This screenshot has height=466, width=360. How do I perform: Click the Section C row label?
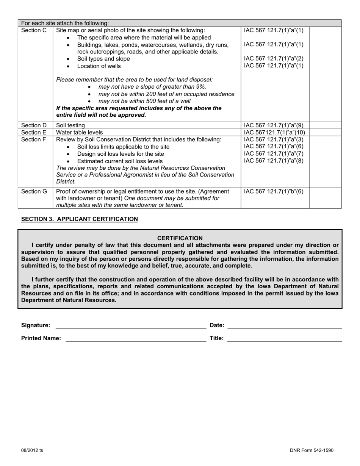[34, 30]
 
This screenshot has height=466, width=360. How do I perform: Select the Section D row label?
[34, 125]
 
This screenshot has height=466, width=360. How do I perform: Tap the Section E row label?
[34, 133]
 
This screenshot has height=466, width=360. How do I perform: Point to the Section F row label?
[34, 139]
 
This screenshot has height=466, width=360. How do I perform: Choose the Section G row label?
[34, 191]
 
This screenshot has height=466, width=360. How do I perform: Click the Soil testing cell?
[70, 125]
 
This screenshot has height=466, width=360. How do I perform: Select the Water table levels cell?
[79, 133]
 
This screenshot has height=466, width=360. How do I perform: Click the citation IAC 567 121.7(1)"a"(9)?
[274, 125]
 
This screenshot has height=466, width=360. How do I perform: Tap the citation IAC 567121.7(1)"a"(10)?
[274, 133]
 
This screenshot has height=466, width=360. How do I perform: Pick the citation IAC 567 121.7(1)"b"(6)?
[274, 191]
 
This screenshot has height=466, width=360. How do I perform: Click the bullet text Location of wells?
[99, 66]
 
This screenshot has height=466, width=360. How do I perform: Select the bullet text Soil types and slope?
[103, 59]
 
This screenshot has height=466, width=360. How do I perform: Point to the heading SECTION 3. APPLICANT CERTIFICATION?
[80, 219]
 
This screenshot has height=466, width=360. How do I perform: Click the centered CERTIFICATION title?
[180, 238]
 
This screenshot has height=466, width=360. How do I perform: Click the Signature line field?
[131, 325]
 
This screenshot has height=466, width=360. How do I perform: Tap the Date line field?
[284, 325]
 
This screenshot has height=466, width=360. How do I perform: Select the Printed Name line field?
[136, 338]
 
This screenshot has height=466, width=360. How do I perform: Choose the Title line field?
[284, 338]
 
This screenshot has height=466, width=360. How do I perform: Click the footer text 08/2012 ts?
[32, 450]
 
